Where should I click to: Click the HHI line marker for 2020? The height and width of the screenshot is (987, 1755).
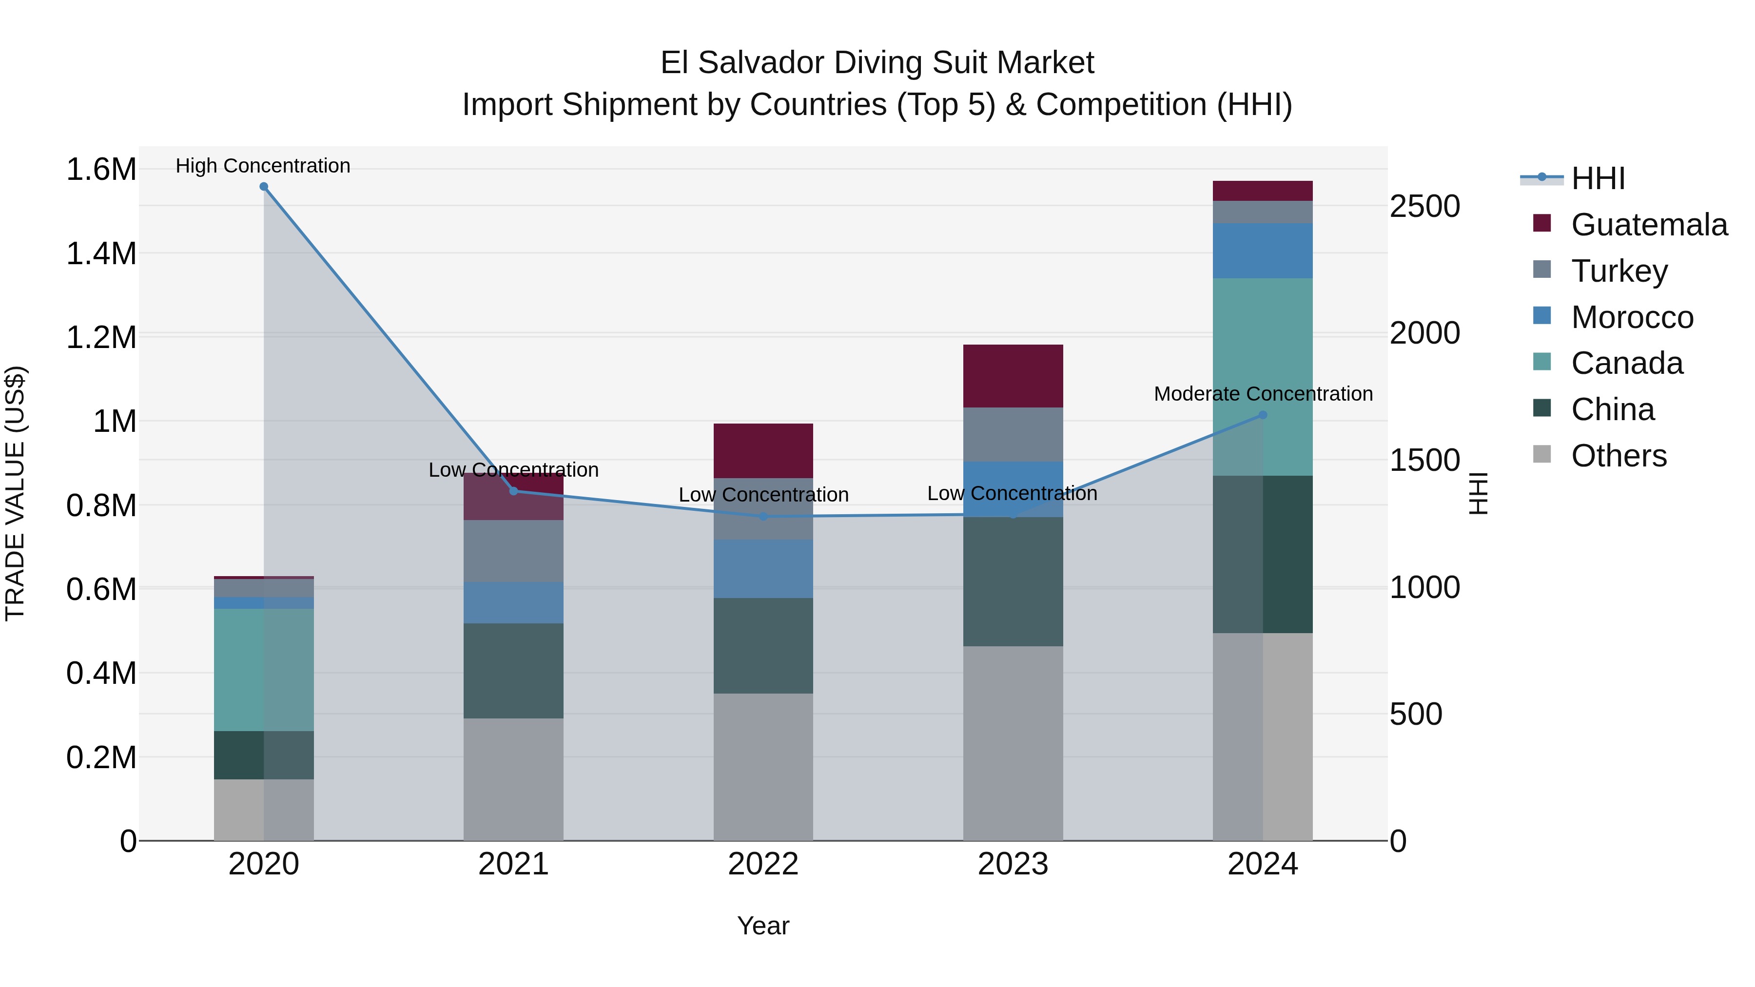[264, 187]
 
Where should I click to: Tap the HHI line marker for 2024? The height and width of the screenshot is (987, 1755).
[1263, 415]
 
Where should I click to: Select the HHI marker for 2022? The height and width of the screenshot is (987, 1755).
[763, 516]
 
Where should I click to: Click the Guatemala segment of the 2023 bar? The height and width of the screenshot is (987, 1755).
[1013, 376]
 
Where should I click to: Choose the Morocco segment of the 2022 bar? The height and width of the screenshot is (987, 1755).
[763, 569]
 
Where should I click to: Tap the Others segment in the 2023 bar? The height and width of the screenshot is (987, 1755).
[1013, 742]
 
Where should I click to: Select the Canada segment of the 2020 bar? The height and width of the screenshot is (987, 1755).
[264, 670]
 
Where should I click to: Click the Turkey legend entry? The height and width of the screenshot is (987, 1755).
[1619, 271]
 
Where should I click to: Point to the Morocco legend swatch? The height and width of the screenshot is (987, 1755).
[1542, 316]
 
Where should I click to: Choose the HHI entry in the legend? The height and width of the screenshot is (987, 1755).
[1598, 178]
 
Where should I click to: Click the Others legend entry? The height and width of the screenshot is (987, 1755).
[1618, 456]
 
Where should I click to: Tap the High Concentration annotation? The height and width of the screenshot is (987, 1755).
[263, 166]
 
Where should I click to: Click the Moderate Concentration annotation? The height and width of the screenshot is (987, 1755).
[1263, 394]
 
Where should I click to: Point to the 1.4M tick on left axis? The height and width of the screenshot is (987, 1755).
[101, 254]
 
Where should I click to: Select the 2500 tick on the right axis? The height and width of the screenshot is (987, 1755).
[1424, 206]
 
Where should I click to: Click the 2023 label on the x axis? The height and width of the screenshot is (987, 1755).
[1013, 864]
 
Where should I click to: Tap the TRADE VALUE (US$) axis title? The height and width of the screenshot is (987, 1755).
[15, 493]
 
